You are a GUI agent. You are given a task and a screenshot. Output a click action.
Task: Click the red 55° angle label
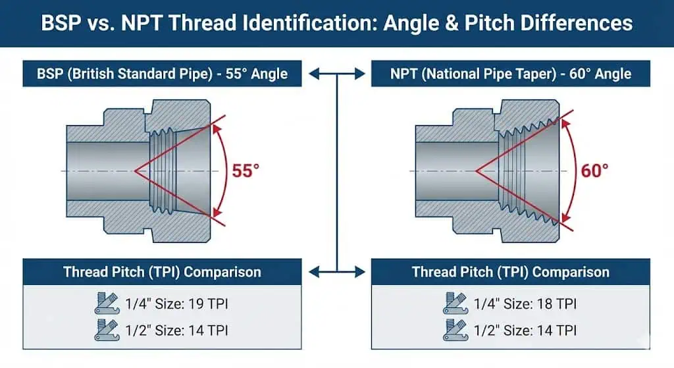pos(246,171)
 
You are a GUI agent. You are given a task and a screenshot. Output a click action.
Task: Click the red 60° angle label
pos(594,171)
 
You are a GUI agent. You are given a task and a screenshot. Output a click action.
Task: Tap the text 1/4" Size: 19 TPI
pos(177,303)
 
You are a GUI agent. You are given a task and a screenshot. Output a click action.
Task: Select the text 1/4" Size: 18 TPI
pos(526,303)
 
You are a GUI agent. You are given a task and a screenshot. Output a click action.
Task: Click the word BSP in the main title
pos(63,23)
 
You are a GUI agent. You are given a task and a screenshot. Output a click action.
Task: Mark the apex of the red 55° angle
pos(136,171)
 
